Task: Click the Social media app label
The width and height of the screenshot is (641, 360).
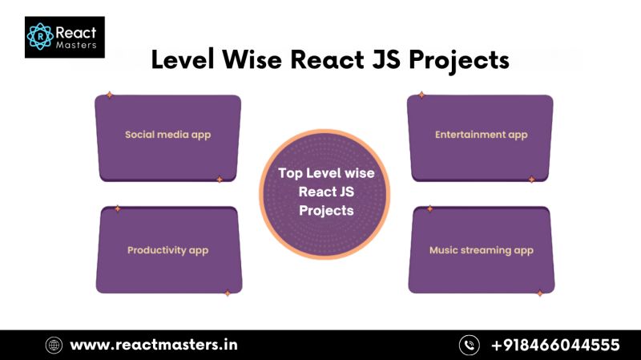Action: click(167, 135)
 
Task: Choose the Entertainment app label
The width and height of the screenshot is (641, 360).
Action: click(481, 135)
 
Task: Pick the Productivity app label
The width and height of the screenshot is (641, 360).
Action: click(167, 250)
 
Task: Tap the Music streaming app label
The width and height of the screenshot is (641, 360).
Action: click(481, 250)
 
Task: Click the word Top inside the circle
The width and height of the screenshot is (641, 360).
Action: click(294, 173)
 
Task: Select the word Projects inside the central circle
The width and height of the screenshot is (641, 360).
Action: click(326, 211)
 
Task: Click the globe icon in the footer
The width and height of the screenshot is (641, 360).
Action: click(54, 345)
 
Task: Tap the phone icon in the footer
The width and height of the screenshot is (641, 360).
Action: click(469, 345)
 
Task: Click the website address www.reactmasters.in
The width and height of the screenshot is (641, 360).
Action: click(154, 345)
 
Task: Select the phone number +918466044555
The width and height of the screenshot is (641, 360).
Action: click(555, 345)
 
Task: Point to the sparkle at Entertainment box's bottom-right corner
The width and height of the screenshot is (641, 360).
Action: click(530, 180)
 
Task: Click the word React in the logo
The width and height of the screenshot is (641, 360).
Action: click(75, 32)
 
